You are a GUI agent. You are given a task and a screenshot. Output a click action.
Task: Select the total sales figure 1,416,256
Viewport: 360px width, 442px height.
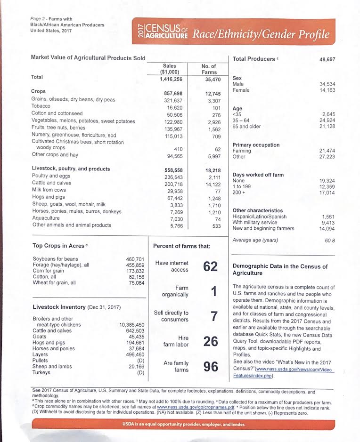[169, 80]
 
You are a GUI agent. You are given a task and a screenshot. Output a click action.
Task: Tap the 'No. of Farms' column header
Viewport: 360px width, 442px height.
[209, 69]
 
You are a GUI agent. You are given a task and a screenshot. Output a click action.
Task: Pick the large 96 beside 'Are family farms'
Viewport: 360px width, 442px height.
[210, 367]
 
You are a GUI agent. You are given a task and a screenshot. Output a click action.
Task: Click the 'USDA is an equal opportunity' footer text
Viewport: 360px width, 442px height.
[180, 426]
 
